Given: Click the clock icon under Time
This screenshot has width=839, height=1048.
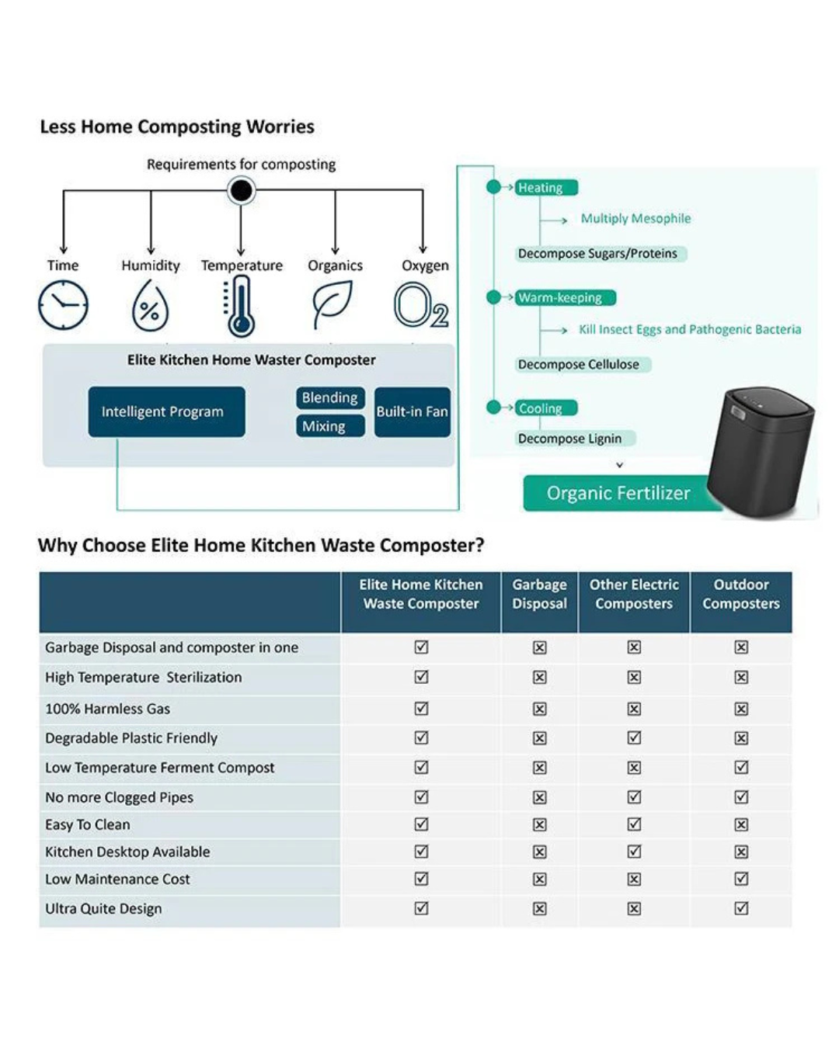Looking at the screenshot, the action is pyautogui.click(x=63, y=305).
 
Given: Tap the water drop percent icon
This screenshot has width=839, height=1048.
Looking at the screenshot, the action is pyautogui.click(x=150, y=305).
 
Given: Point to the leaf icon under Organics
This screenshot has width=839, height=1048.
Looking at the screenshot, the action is pyautogui.click(x=332, y=303).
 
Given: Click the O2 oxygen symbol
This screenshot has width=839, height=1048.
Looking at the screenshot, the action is pyautogui.click(x=421, y=305).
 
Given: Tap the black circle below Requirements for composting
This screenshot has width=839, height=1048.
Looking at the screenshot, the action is pyautogui.click(x=242, y=190).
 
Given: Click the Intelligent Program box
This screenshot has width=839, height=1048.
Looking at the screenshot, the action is pyautogui.click(x=167, y=411).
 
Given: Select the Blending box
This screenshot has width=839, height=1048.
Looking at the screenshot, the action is pyautogui.click(x=330, y=398).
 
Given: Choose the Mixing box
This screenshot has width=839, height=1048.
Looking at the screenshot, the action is pyautogui.click(x=330, y=426).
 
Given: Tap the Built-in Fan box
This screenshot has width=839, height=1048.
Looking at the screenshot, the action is pyautogui.click(x=413, y=411).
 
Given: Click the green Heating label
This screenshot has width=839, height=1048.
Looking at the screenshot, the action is pyautogui.click(x=546, y=188).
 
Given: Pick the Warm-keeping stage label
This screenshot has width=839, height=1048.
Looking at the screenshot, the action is pyautogui.click(x=566, y=297).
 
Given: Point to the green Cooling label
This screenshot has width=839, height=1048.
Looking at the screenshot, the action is pyautogui.click(x=546, y=408).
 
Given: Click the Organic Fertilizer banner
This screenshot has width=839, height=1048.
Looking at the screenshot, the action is pyautogui.click(x=618, y=493).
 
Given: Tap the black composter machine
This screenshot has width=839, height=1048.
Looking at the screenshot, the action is pyautogui.click(x=761, y=452).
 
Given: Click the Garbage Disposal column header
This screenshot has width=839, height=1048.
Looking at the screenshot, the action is pyautogui.click(x=539, y=594).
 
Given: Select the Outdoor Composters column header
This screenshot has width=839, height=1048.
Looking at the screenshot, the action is pyautogui.click(x=741, y=594).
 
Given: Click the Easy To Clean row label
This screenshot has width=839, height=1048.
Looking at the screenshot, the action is pyautogui.click(x=88, y=824).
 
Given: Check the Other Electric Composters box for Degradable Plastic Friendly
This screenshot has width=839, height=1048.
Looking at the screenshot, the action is pyautogui.click(x=634, y=737).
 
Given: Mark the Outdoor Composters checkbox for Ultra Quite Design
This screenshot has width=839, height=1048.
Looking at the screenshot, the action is pyautogui.click(x=741, y=908).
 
